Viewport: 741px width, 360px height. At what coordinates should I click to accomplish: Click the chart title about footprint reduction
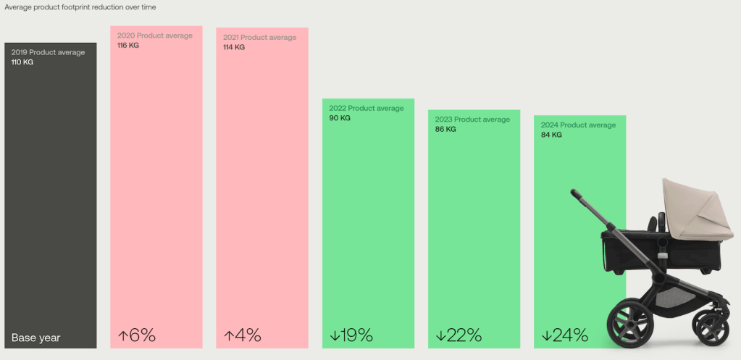(80, 7)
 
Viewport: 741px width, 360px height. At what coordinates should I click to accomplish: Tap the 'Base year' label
(35, 338)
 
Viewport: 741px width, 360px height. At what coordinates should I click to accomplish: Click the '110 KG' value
(22, 62)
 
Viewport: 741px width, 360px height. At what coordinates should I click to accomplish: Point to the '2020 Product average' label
(155, 35)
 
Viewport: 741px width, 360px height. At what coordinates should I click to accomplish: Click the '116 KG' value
(128, 46)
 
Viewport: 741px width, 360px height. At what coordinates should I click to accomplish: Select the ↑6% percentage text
(137, 335)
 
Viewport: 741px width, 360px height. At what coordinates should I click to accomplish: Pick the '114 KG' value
(234, 47)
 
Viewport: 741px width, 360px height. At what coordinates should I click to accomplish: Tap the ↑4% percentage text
(243, 335)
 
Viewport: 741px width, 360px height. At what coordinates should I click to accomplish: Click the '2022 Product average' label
(367, 109)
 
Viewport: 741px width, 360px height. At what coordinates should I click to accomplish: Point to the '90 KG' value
(340, 118)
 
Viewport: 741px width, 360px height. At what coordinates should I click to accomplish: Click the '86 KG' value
(445, 129)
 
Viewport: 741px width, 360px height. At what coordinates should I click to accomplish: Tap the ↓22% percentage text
(459, 335)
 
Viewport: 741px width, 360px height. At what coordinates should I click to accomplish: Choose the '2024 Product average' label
(578, 125)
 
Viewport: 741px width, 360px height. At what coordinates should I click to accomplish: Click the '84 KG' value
(551, 135)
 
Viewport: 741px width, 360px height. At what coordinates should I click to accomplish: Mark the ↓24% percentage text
(564, 335)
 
